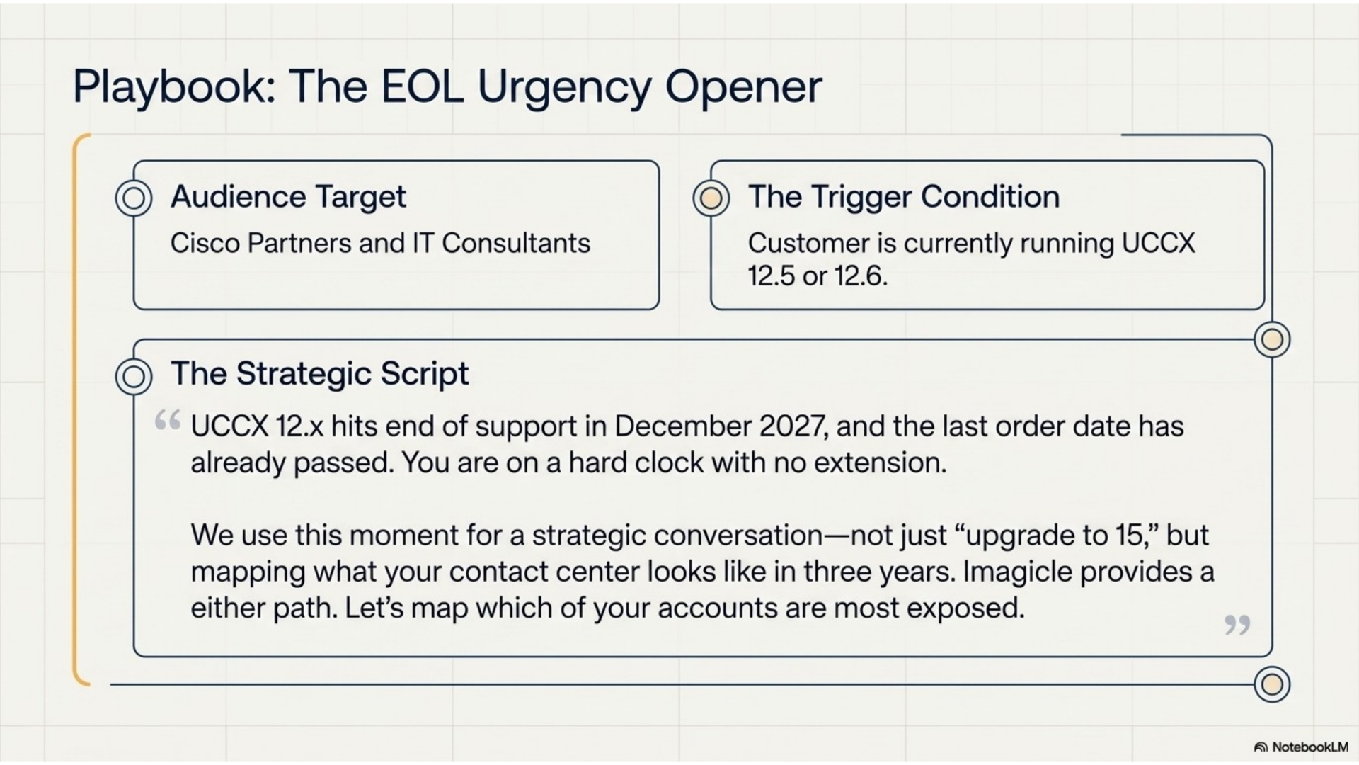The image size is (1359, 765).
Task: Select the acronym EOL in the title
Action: coord(423,86)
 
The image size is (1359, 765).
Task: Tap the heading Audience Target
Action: coord(288,197)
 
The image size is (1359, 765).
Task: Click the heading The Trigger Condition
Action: coord(904,196)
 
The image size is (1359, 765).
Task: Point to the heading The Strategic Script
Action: coord(320,374)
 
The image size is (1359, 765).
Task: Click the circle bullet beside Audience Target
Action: coord(134,198)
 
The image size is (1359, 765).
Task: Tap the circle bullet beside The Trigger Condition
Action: coord(711,198)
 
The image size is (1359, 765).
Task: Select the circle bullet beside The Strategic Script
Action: coord(134,376)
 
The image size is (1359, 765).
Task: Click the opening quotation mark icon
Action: coord(168,420)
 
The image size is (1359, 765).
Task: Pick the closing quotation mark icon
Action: coord(1237,625)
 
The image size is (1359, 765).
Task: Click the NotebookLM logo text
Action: coord(1309,747)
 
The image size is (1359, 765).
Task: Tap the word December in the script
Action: coord(682,426)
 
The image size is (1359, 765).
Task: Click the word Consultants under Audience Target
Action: coord(516,244)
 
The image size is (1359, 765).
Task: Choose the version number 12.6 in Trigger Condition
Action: coord(861,276)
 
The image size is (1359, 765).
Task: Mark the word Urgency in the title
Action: coord(563,88)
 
